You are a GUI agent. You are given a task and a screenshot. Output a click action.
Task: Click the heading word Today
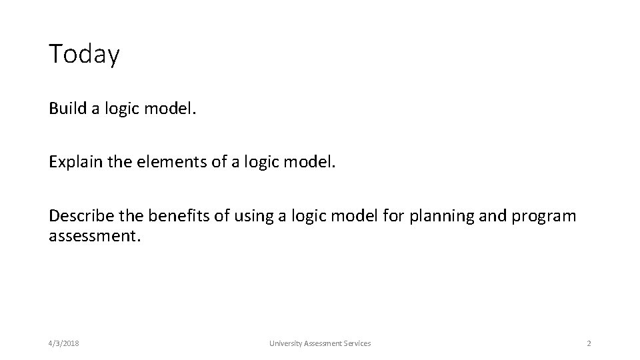pyautogui.click(x=84, y=54)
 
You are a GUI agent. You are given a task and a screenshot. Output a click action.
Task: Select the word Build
pyautogui.click(x=64, y=108)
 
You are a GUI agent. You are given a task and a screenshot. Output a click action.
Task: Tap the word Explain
pyautogui.click(x=73, y=161)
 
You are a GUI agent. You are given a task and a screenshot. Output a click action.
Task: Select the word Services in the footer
pyautogui.click(x=357, y=343)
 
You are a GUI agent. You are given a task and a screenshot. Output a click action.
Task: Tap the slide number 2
pyautogui.click(x=589, y=343)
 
